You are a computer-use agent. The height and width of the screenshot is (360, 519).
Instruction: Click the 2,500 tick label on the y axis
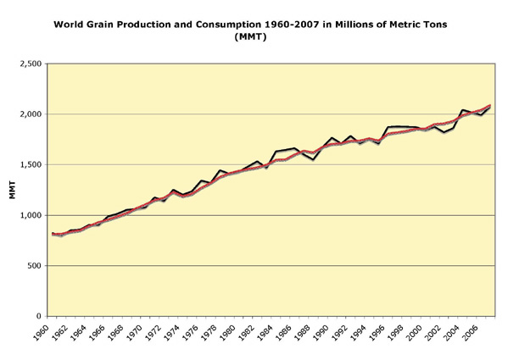31,64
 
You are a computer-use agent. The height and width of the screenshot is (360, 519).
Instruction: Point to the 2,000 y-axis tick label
31,114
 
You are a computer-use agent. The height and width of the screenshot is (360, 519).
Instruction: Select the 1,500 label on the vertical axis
31,164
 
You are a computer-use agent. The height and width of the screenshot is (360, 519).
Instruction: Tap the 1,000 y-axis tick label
31,215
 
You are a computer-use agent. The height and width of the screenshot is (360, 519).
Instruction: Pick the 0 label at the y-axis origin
39,316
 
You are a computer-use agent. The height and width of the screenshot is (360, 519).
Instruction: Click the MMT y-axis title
12,190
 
